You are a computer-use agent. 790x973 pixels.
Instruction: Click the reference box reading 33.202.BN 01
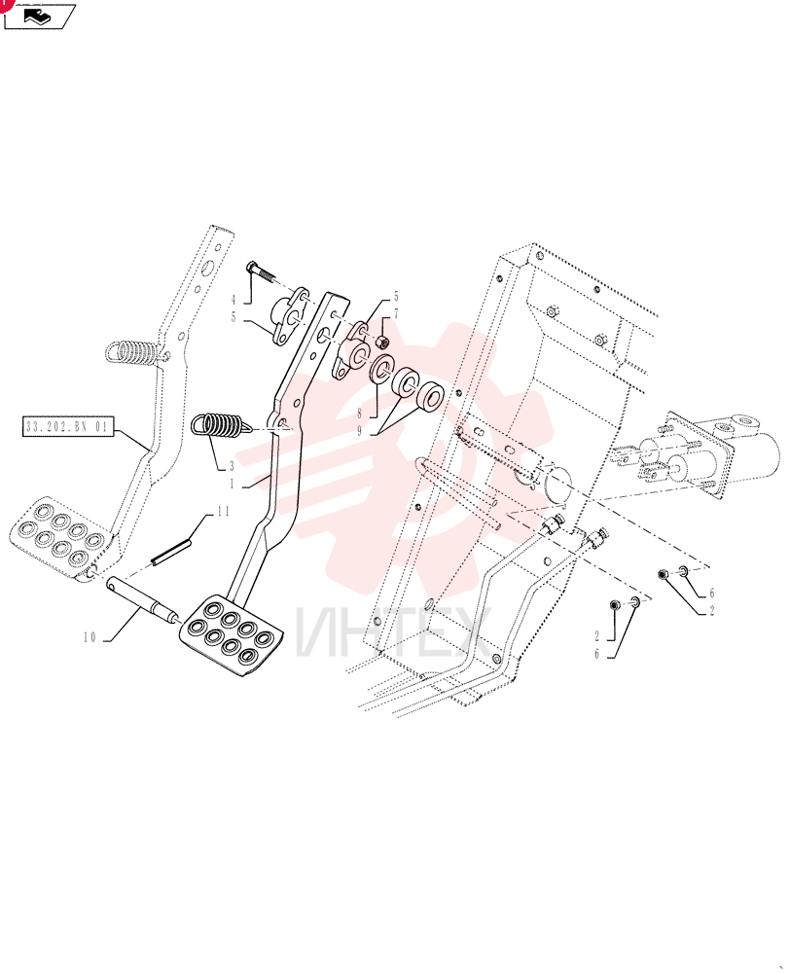point(68,426)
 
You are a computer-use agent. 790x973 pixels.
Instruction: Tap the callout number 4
point(233,300)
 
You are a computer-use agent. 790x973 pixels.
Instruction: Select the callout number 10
point(90,637)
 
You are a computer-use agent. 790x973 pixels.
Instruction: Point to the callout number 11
point(223,512)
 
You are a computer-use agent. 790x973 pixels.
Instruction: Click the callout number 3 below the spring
point(233,465)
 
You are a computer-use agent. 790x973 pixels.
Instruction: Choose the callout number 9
point(359,430)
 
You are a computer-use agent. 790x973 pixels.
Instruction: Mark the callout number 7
point(396,314)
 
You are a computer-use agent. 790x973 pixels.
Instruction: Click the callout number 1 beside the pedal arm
point(233,484)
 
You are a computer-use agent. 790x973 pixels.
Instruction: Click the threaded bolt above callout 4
point(262,270)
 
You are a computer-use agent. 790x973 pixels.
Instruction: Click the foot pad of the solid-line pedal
point(231,635)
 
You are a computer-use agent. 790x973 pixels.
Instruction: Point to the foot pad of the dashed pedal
point(61,535)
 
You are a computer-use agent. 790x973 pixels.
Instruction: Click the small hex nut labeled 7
point(382,341)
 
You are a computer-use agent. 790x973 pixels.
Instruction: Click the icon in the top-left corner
point(40,16)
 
